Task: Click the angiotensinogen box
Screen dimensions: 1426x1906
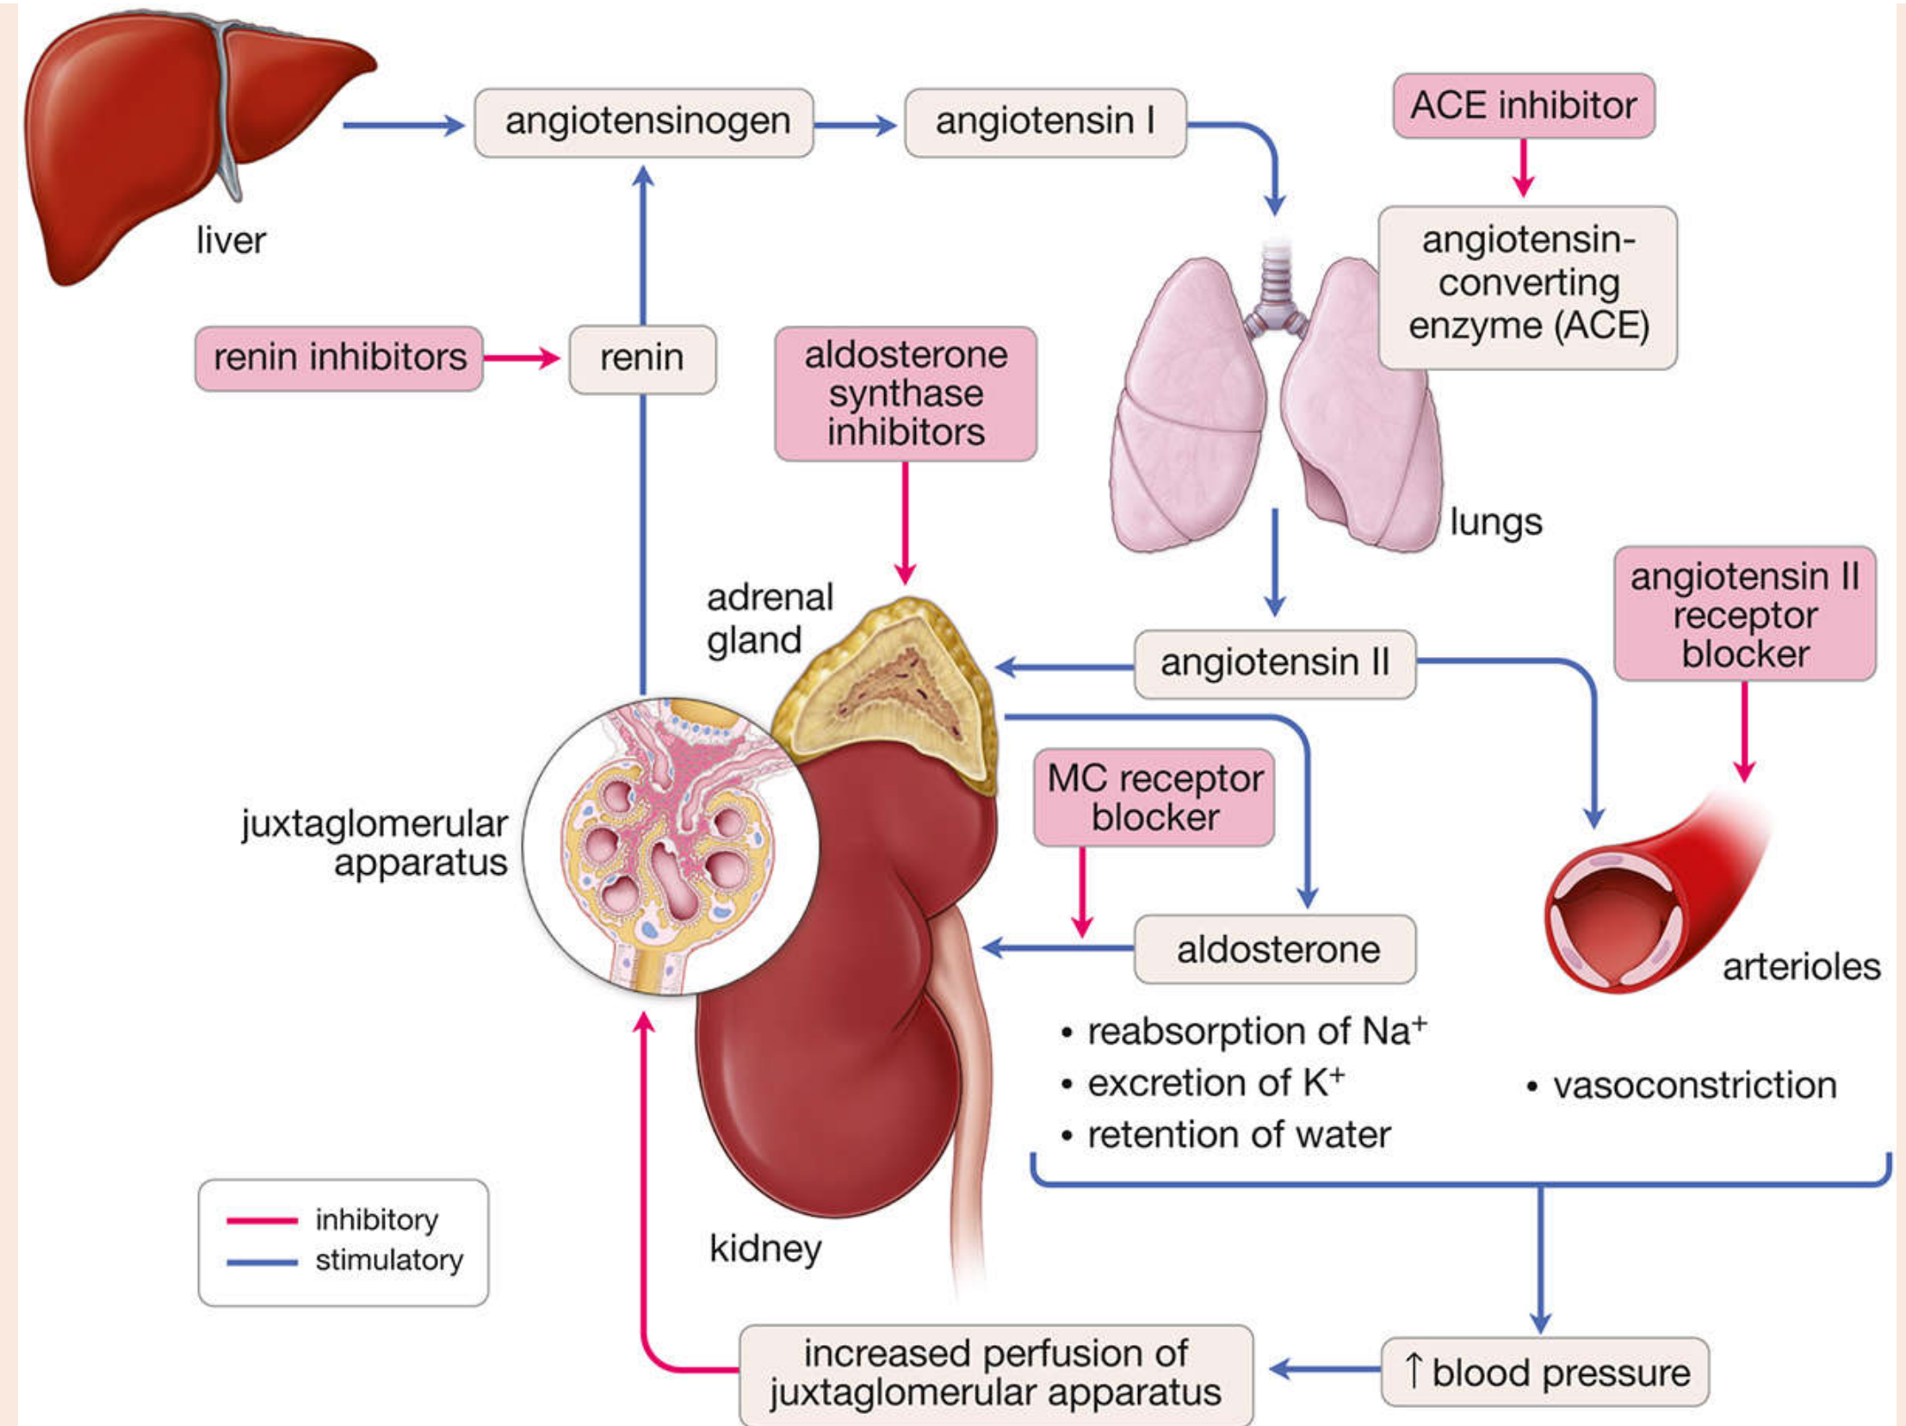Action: click(x=644, y=122)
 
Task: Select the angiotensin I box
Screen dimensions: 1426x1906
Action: click(x=1044, y=122)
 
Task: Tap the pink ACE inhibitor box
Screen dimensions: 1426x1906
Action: click(x=1524, y=106)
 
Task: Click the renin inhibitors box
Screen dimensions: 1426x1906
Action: click(x=338, y=357)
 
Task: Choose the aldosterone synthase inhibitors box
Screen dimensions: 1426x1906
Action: click(x=905, y=394)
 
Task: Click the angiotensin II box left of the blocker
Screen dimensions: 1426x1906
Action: click(x=1274, y=663)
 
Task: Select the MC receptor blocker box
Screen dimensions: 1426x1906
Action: click(x=1154, y=798)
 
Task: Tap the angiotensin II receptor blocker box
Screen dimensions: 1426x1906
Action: click(x=1744, y=614)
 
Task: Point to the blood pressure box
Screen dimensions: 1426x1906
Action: click(x=1545, y=1373)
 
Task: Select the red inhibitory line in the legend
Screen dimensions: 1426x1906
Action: click(x=262, y=1221)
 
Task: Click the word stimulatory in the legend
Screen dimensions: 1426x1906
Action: click(x=389, y=1261)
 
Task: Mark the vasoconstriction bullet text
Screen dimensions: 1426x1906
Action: click(x=1694, y=1086)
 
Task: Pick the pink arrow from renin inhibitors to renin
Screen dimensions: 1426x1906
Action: click(x=522, y=357)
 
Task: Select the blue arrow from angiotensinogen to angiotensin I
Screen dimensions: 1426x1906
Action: click(x=856, y=125)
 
